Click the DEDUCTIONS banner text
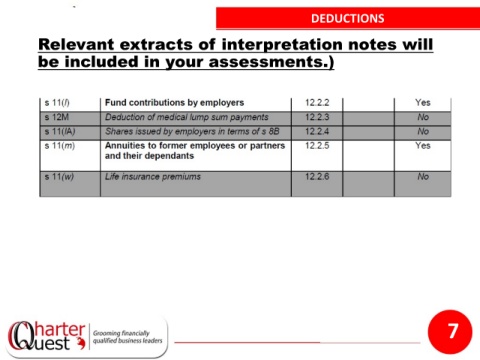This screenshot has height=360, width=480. [348, 18]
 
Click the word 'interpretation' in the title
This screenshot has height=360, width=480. [282, 44]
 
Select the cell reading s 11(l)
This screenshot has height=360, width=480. [57, 103]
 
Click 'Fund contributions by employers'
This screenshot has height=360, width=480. [174, 102]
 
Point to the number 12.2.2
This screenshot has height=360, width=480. [317, 102]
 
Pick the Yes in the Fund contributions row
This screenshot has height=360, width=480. [423, 102]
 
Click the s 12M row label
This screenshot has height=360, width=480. [57, 117]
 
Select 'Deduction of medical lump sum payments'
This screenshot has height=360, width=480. [187, 117]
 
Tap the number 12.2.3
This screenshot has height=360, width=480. [317, 117]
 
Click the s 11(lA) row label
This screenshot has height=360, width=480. [60, 132]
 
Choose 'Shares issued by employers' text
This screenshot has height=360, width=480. [161, 131]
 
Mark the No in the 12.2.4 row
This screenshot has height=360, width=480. [423, 131]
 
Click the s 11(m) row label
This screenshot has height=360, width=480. [60, 146]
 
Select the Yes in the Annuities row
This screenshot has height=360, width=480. [423, 146]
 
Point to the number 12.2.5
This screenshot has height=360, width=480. [317, 146]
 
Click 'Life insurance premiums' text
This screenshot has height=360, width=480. [153, 177]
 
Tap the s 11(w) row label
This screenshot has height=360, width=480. [59, 177]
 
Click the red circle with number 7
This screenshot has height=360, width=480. [450, 331]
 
